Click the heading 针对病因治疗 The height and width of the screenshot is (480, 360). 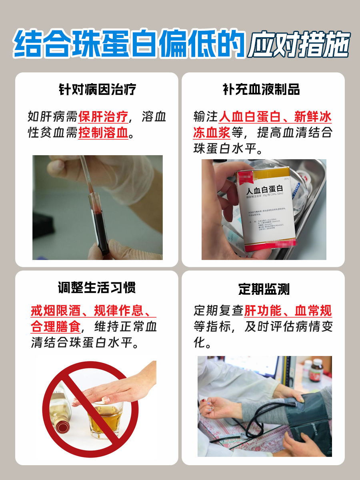[x=97, y=89]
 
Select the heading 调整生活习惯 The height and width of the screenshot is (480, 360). [x=97, y=287]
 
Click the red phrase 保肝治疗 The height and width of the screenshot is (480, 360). [x=103, y=117]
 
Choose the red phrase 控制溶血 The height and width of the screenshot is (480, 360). [x=103, y=132]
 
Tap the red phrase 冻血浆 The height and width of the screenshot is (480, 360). [x=211, y=132]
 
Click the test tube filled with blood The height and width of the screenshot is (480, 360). [x=99, y=224]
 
